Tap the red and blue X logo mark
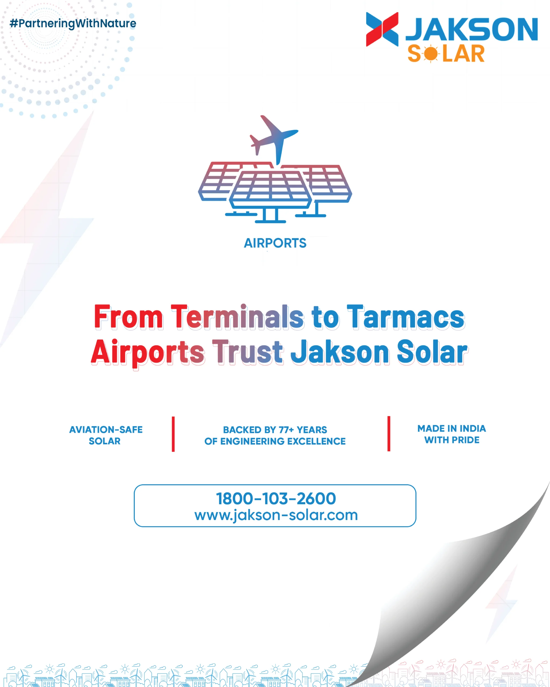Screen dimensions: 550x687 pyautogui.click(x=382, y=29)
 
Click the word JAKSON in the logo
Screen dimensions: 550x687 pyautogui.click(x=472, y=29)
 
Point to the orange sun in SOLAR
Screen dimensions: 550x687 pyautogui.click(x=431, y=53)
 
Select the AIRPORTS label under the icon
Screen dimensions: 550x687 pyautogui.click(x=275, y=243)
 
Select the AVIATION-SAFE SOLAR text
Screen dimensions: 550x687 pyautogui.click(x=106, y=435)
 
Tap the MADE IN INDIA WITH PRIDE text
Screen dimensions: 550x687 pyautogui.click(x=452, y=434)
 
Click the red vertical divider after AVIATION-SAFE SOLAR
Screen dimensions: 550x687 pyautogui.click(x=173, y=434)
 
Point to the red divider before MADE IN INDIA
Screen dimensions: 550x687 pyautogui.click(x=389, y=434)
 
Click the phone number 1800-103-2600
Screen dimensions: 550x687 pyautogui.click(x=276, y=498)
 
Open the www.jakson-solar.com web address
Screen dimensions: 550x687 pyautogui.click(x=276, y=515)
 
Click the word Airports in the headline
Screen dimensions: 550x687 pyautogui.click(x=148, y=352)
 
